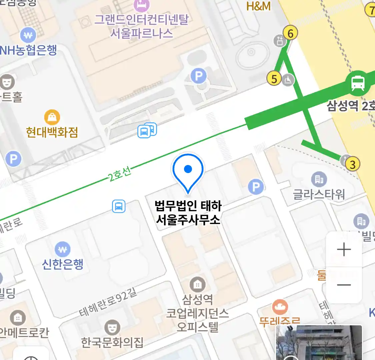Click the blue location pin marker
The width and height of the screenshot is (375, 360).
[x=188, y=172]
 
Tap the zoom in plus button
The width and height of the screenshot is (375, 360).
[x=344, y=250]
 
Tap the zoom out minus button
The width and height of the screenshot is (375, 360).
[x=344, y=285]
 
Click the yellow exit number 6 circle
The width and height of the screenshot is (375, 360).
[x=290, y=33]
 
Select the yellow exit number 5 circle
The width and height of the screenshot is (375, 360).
[x=274, y=79]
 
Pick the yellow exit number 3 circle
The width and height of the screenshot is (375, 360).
[x=353, y=164]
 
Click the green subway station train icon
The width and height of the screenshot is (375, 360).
[x=358, y=83]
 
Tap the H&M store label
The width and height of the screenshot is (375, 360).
[x=258, y=6]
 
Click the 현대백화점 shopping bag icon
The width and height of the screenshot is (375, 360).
[x=52, y=117]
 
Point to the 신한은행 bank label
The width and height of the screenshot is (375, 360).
[x=63, y=264]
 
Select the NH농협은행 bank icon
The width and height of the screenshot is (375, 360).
[x=28, y=35]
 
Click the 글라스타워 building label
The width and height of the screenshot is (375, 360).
[x=319, y=194]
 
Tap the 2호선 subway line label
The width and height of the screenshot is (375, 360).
[x=120, y=174]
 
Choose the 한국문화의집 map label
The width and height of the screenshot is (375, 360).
[x=112, y=342]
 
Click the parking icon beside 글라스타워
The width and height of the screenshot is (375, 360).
[x=256, y=187]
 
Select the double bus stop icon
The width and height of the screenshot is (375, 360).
[x=147, y=130]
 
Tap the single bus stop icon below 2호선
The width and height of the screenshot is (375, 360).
[x=119, y=206]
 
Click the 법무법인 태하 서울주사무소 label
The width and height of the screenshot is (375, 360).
[x=188, y=213]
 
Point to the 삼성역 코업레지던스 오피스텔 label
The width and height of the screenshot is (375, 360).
[x=197, y=313]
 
